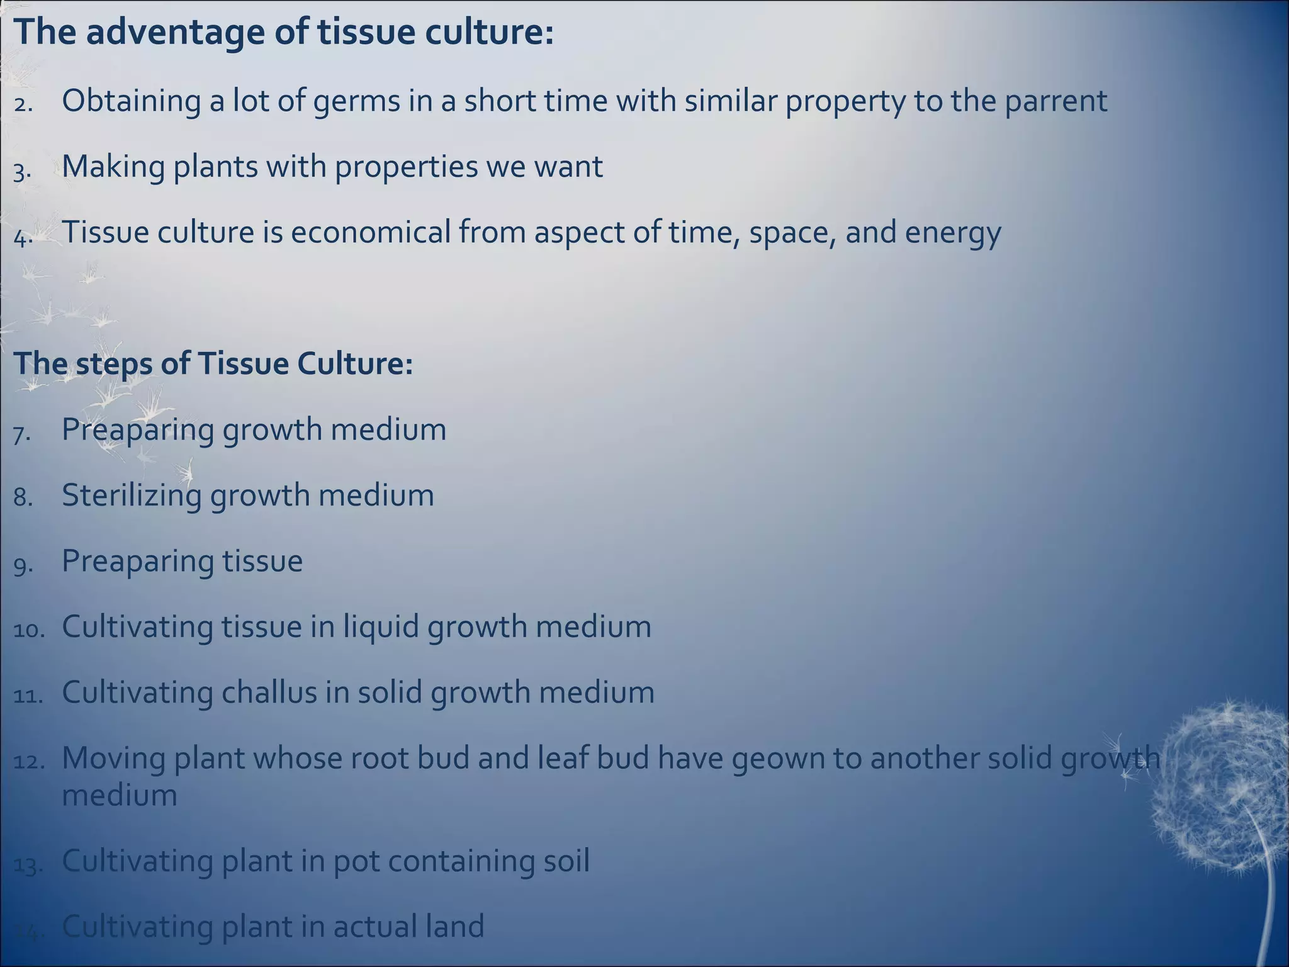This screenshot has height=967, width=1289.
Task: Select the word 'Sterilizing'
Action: coord(131,496)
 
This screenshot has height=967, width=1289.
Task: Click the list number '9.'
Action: coord(23,565)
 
